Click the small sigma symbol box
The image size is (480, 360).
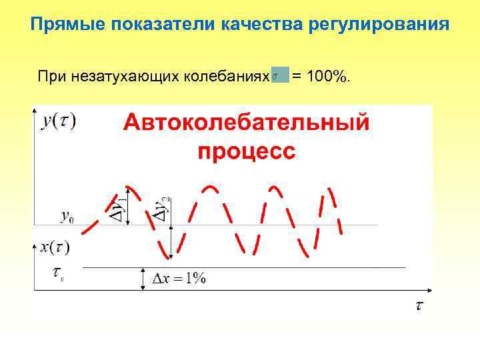tap(281, 75)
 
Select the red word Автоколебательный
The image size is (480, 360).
tap(246, 123)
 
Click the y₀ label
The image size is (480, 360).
tap(67, 216)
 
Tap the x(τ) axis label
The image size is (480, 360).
tap(55, 247)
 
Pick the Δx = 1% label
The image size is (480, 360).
tap(180, 279)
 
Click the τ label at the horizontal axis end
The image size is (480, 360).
tap(419, 306)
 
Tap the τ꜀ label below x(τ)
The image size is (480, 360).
tap(58, 273)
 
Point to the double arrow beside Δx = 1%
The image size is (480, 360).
tap(143, 279)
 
